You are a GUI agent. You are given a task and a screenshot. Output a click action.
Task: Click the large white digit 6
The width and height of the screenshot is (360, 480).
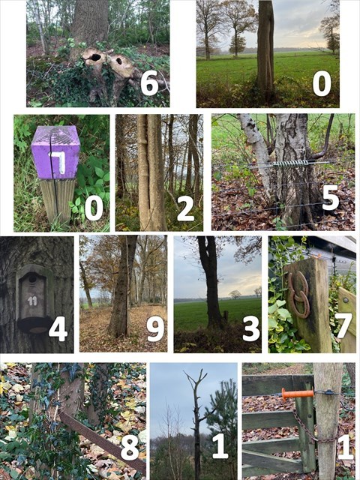[149, 83]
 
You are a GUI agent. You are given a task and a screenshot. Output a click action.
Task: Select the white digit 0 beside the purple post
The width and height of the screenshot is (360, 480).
[93, 207]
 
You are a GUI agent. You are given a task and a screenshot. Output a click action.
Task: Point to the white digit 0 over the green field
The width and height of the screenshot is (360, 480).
[322, 83]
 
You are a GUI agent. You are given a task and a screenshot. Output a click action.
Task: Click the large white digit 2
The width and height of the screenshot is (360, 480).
[184, 207]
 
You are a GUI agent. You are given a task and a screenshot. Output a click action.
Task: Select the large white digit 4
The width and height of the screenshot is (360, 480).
[58, 328]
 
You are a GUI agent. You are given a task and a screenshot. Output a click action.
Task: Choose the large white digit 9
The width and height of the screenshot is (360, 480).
[154, 328]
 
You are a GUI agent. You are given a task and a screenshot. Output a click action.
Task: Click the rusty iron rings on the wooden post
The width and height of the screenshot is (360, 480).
[298, 293]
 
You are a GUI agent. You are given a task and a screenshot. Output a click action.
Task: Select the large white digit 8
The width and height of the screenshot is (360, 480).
[129, 446]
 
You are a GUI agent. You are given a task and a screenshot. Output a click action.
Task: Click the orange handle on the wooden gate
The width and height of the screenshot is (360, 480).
[297, 392]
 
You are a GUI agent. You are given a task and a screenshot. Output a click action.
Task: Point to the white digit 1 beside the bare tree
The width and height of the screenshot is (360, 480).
[219, 446]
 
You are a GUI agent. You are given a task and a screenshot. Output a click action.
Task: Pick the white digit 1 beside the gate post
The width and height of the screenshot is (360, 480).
[344, 446]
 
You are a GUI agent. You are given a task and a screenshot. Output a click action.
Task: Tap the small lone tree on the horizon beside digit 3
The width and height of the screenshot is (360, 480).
[235, 294]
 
